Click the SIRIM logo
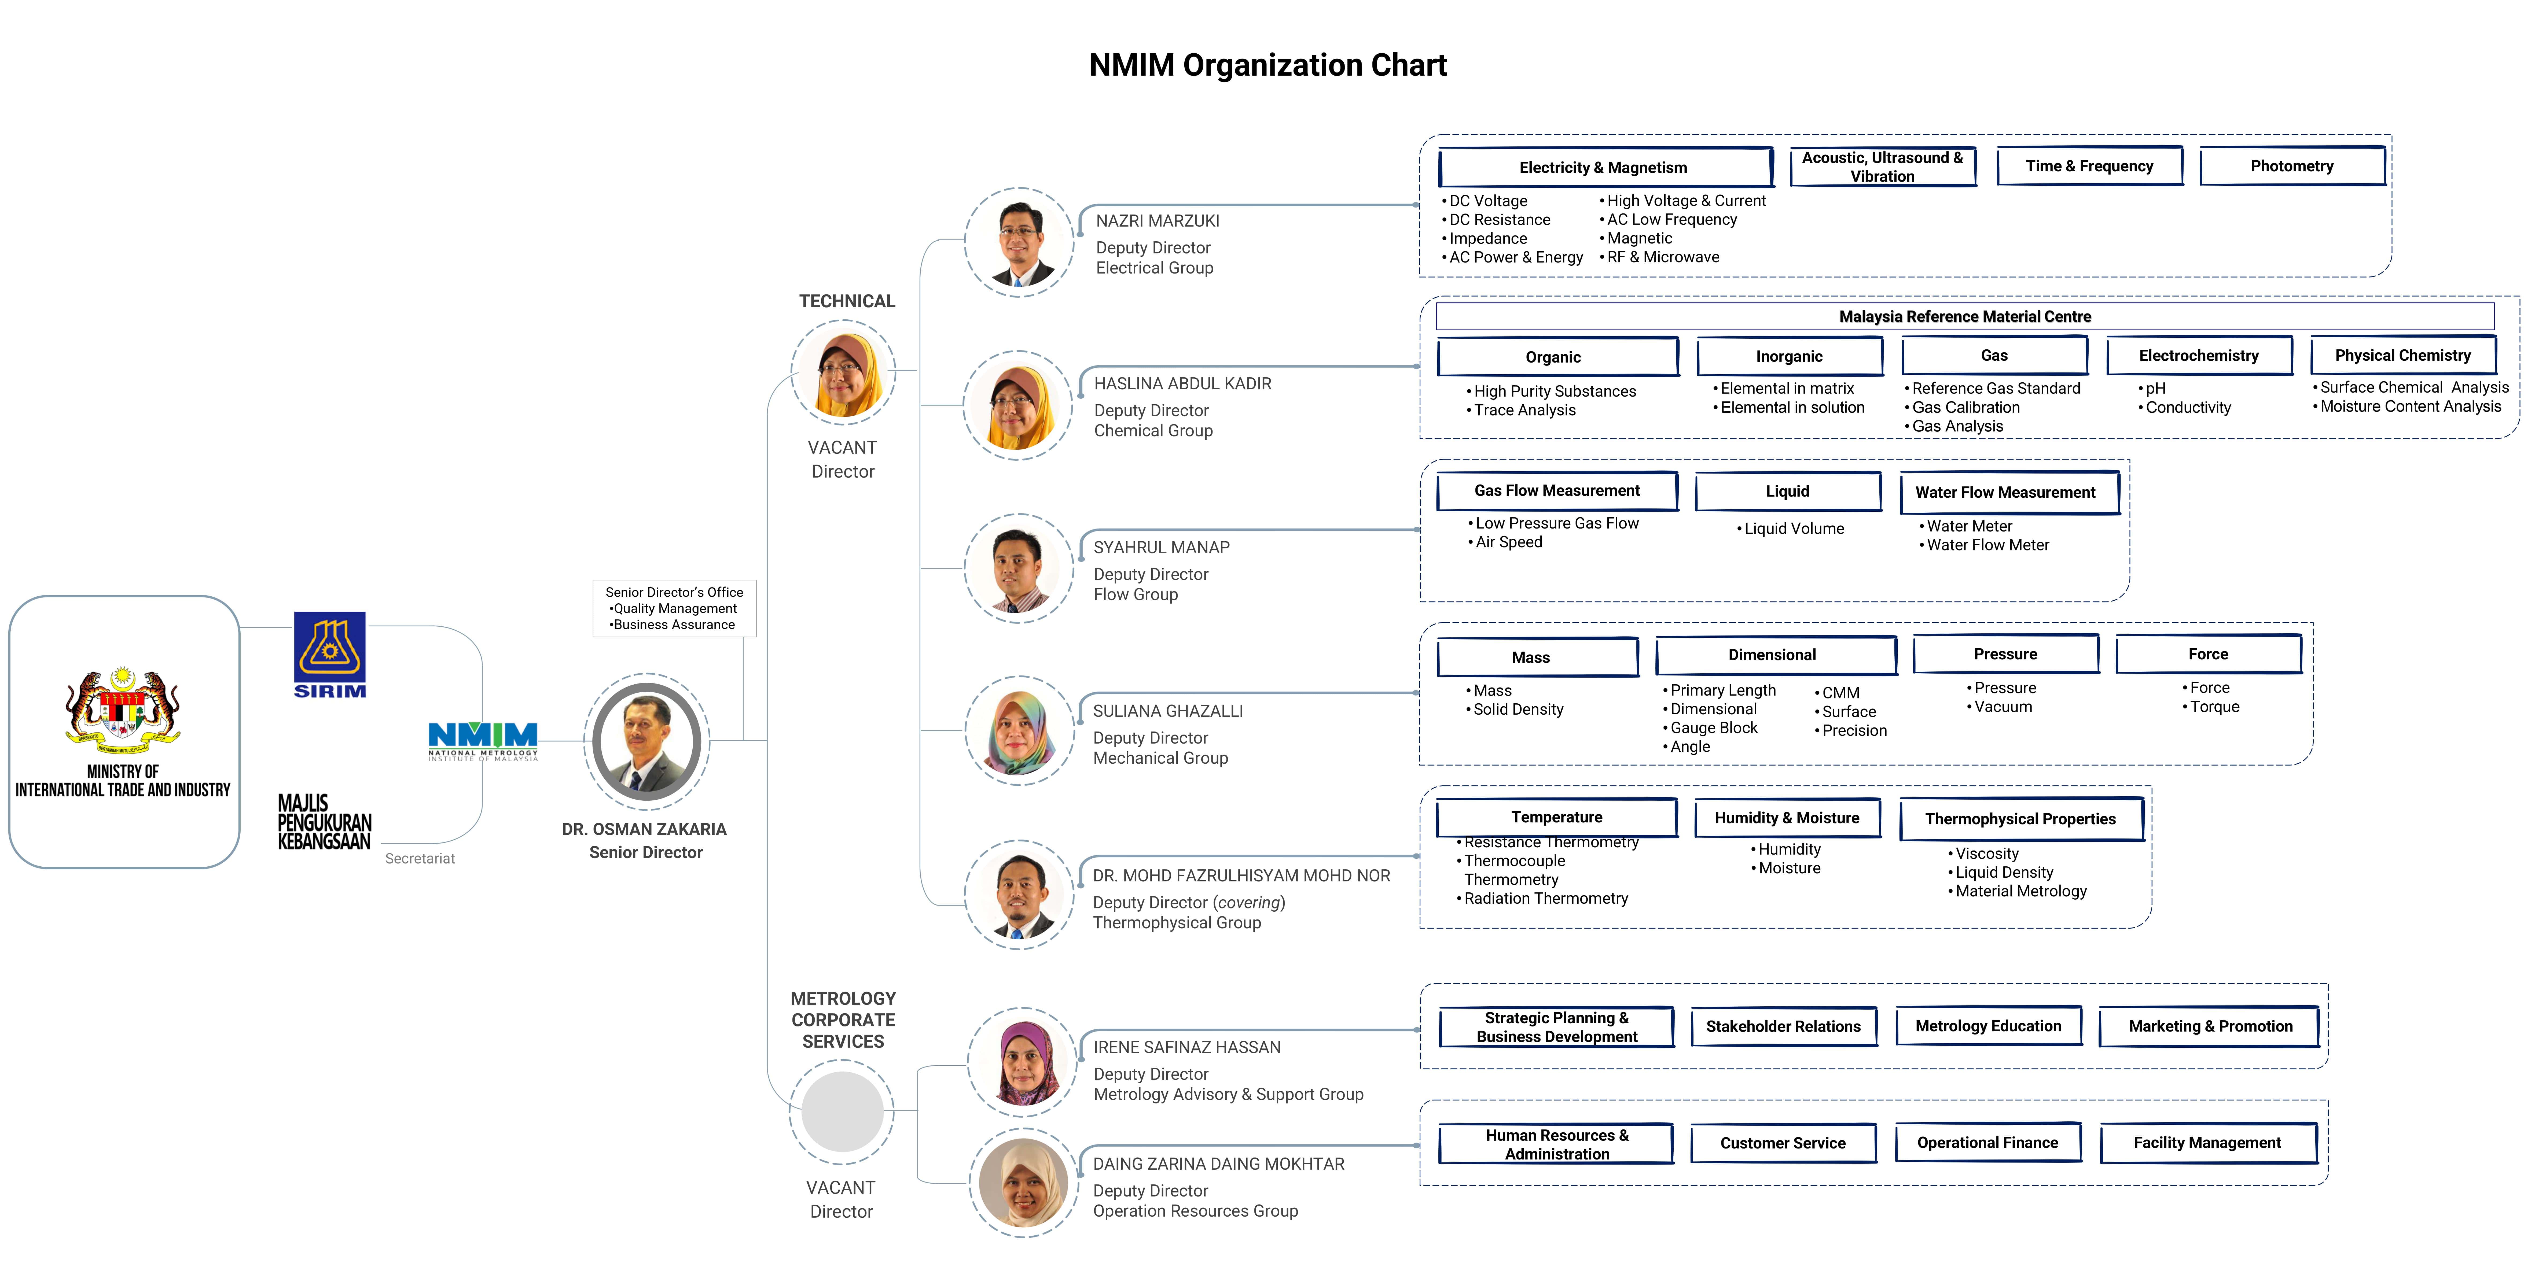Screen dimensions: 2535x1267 (x=330, y=654)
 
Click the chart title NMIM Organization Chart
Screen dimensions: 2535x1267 (x=1267, y=65)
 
